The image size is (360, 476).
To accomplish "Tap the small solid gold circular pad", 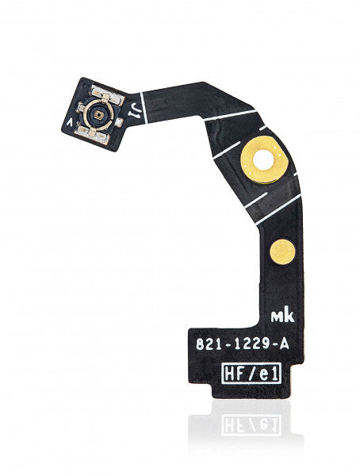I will (283, 252).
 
